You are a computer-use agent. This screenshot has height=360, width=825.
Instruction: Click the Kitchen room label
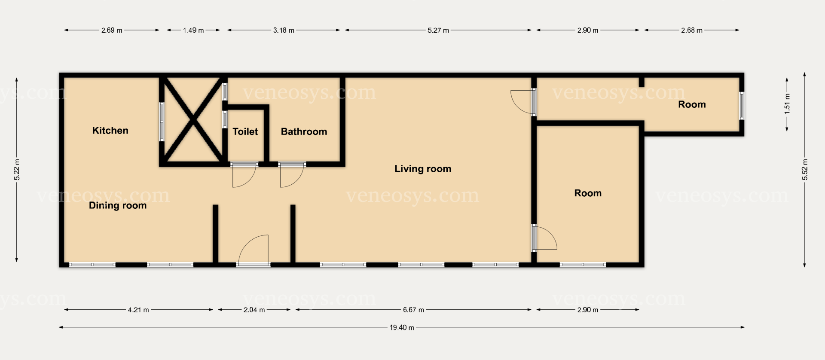110,131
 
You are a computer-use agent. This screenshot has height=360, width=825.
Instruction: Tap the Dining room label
118,205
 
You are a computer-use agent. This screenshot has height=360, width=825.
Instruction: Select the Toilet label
245,131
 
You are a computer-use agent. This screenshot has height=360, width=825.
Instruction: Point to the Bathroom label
304,131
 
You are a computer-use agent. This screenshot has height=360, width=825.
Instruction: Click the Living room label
423,169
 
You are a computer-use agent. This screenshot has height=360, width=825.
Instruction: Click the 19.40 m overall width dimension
402,327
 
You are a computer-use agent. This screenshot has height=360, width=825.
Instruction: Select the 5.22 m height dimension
16,170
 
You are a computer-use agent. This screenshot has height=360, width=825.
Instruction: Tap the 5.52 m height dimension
805,170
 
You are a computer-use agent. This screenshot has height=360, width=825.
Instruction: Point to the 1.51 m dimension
787,104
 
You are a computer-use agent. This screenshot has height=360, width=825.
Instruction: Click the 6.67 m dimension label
413,310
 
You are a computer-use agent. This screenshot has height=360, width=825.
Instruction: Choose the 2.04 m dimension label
254,310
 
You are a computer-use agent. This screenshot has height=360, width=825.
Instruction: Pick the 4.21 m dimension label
138,310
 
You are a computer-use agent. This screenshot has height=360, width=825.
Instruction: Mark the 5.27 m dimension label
438,31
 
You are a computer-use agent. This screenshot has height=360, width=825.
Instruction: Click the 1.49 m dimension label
193,31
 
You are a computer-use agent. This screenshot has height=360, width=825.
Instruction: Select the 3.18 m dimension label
284,31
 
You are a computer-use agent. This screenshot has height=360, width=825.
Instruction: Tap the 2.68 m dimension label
692,31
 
